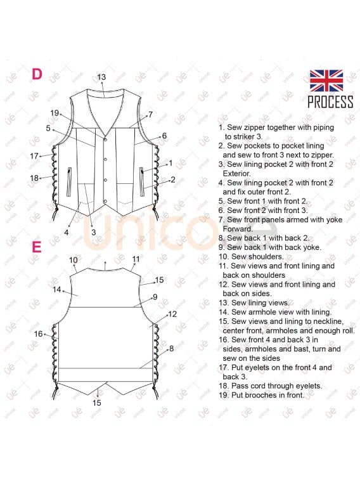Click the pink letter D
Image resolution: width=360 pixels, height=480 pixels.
[37, 74]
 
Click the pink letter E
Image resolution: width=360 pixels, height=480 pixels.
[36, 247]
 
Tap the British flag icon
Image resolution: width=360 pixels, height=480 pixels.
[326, 81]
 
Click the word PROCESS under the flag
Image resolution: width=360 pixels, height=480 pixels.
[330, 102]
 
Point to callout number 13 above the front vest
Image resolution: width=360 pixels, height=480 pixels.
[101, 77]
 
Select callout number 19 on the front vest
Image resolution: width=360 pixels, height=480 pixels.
[55, 113]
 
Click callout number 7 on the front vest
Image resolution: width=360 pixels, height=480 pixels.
[150, 115]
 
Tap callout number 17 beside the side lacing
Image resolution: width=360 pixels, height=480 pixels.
[34, 156]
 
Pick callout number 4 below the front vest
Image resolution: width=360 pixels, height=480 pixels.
[67, 233]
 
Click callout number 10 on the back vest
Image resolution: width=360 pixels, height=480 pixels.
[74, 260]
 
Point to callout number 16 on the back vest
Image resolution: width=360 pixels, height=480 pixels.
[38, 334]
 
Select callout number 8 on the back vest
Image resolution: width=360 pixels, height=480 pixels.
[171, 348]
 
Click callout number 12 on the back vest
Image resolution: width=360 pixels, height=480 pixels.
[172, 314]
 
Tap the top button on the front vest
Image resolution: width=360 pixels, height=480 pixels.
[105, 139]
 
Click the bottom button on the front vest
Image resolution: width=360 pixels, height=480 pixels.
[105, 201]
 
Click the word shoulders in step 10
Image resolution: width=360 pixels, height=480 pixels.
[266, 257]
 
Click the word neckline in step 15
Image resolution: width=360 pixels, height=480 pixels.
[328, 321]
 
